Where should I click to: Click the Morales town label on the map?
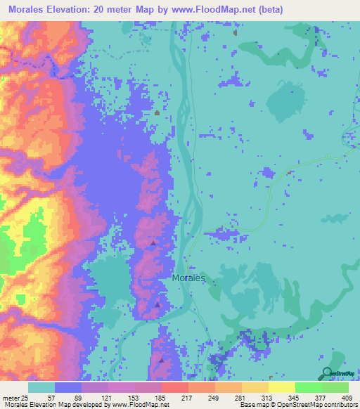coord(188,278)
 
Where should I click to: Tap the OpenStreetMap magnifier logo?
coord(326,374)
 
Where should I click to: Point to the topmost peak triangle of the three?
coord(153,243)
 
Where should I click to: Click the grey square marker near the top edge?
coord(235,32)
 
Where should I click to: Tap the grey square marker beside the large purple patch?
coord(157,112)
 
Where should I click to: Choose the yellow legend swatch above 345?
coord(281,387)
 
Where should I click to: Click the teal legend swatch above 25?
coord(41,387)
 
